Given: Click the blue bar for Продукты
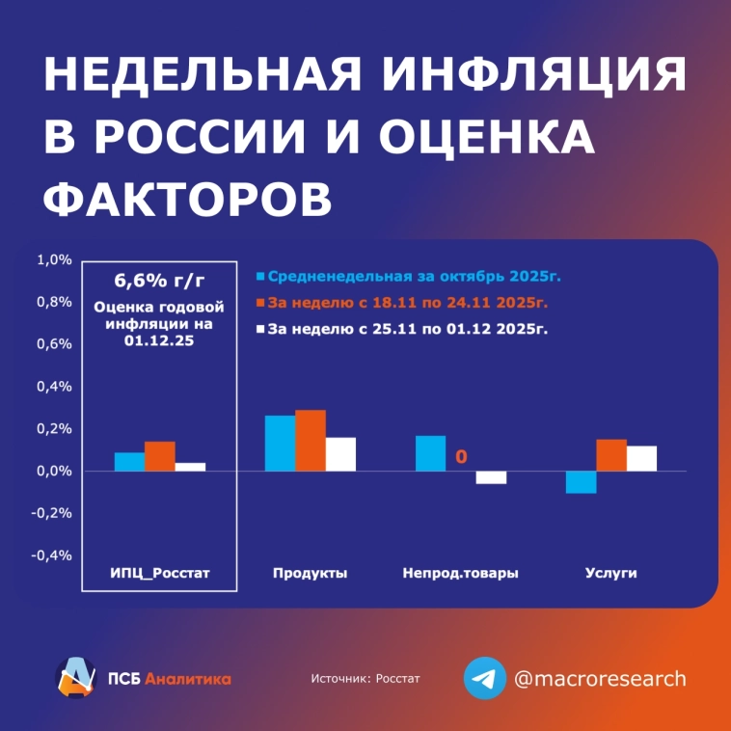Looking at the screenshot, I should [x=280, y=444].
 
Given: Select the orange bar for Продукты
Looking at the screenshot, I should [x=311, y=441].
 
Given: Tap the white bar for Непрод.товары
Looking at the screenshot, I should [x=491, y=477].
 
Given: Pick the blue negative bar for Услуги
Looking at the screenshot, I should [x=582, y=482].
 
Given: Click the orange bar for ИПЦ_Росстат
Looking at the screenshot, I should [x=160, y=456].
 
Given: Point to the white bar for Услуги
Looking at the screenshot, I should [x=642, y=458].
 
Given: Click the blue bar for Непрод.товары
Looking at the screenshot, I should [x=430, y=453].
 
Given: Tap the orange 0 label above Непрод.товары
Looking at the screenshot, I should [x=461, y=456].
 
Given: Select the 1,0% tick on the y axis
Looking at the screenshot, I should [x=54, y=260].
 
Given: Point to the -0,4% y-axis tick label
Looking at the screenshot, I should [x=53, y=555].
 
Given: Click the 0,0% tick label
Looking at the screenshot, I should [x=54, y=472].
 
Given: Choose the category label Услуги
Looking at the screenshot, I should [x=611, y=574].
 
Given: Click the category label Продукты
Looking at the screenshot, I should [x=310, y=574].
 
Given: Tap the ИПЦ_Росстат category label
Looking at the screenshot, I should [x=159, y=574].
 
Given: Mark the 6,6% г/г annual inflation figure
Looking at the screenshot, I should [x=159, y=282].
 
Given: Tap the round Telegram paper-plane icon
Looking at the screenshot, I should [x=484, y=678].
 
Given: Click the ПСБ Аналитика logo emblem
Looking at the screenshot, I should [x=75, y=677].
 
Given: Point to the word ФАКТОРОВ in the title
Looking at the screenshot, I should [x=189, y=198].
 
